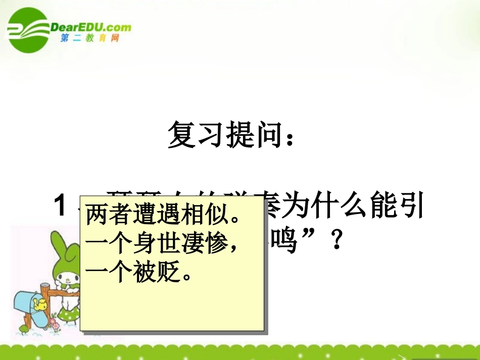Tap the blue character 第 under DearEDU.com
pyautogui.click(x=65, y=39)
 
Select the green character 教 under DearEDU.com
pyautogui.click(x=90, y=39)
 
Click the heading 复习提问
pyautogui.click(x=225, y=134)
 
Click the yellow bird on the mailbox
pyautogui.click(x=39, y=303)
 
